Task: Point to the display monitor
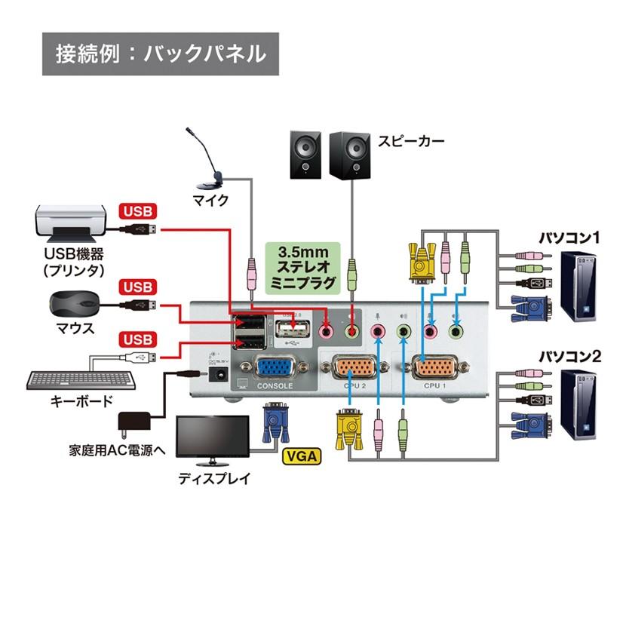(212, 439)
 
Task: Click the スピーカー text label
(411, 141)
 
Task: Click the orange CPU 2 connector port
(354, 369)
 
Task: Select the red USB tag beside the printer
(137, 210)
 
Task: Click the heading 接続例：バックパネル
(160, 54)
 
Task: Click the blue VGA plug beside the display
(274, 426)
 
